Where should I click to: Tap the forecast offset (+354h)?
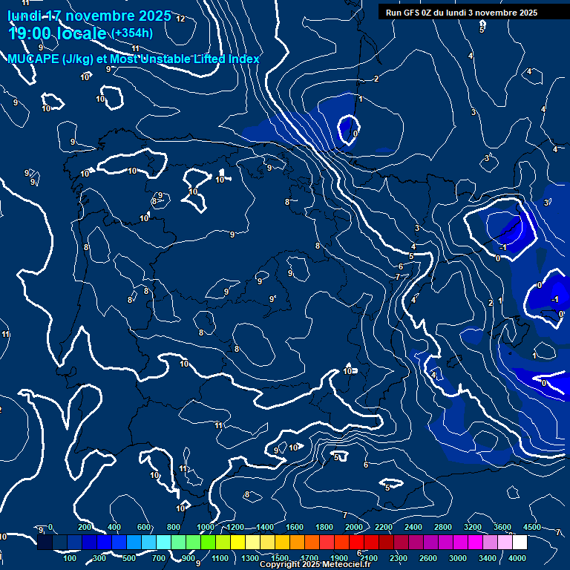coord(131,33)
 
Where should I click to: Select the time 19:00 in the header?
coord(30,33)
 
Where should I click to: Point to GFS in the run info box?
coord(413,13)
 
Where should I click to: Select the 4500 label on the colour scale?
coord(532,527)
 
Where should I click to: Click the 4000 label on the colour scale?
coord(518,558)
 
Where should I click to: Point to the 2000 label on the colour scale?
coord(354,527)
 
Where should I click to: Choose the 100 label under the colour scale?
coord(71,558)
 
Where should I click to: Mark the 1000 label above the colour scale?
coord(206,527)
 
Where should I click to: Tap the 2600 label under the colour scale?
coord(428,558)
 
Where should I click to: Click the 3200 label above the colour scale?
coord(473,527)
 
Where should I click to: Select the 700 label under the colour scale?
coord(160,558)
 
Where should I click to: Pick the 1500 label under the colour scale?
coord(280,558)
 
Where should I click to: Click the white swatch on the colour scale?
coord(520,543)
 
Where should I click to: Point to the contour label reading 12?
coord(180,19)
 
